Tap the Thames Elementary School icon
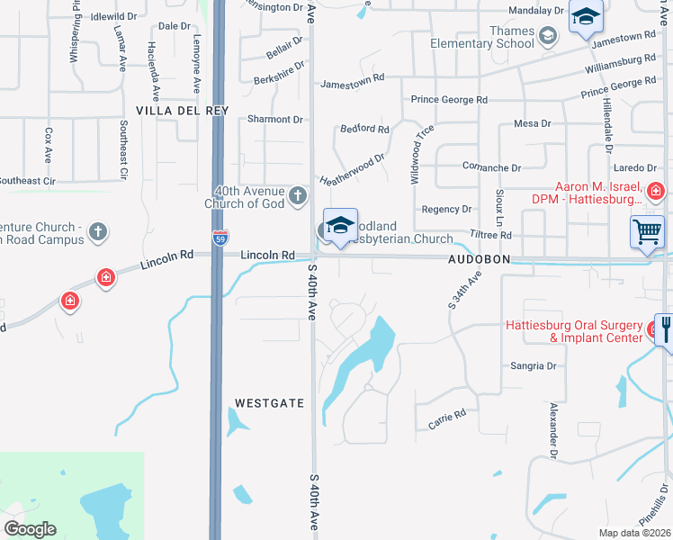548,37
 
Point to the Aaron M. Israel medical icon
655,191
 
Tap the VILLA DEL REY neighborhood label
183,110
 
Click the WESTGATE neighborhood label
270,403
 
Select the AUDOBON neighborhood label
480,258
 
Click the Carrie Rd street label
447,418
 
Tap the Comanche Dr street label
491,168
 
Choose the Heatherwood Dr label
353,168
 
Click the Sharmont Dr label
275,119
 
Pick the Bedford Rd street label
364,130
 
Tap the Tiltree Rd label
492,235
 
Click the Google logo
30,529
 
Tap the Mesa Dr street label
531,123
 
